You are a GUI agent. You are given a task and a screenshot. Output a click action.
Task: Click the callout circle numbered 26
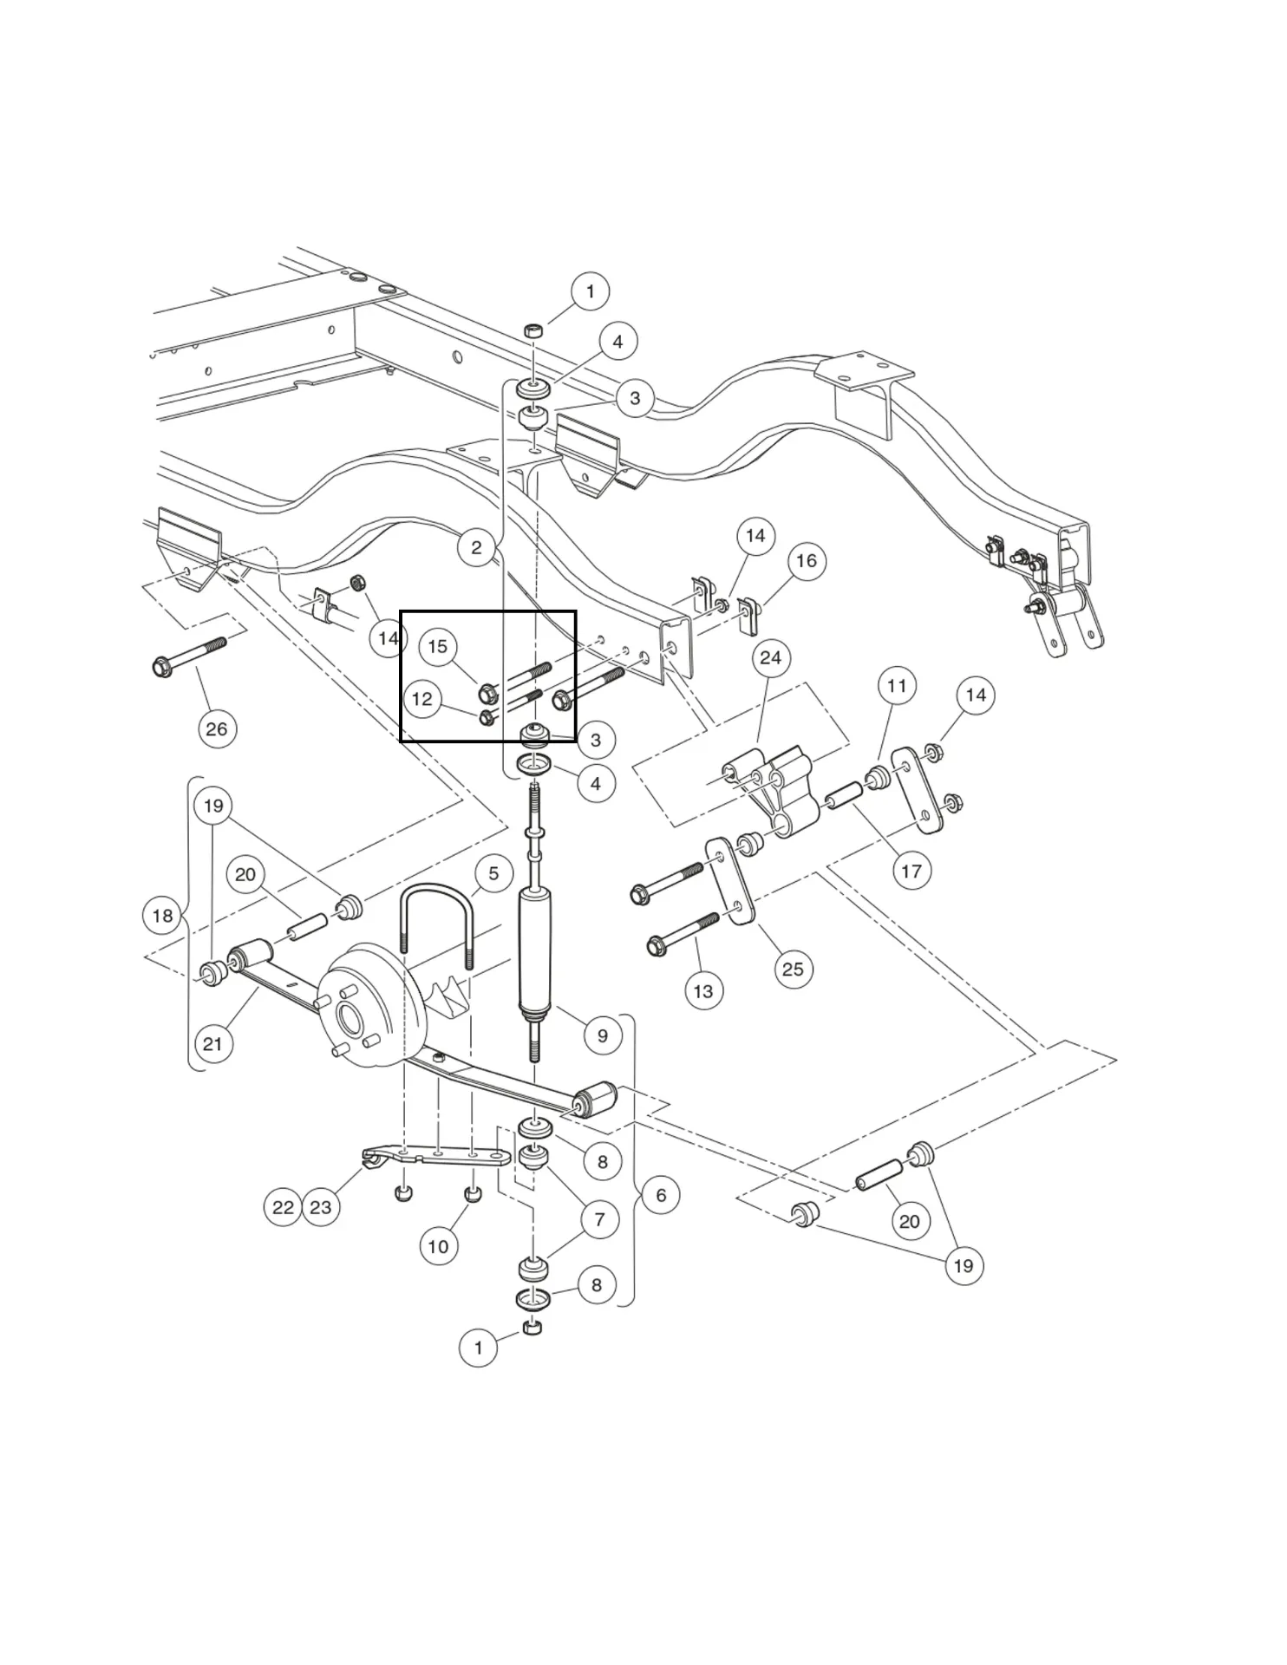point(216,728)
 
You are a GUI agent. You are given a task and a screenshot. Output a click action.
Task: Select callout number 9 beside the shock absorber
point(603,1035)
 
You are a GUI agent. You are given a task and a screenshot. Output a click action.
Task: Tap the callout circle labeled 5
point(493,873)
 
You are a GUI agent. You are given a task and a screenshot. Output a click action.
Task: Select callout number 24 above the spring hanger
point(770,658)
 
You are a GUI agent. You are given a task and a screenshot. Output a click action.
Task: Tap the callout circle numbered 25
point(793,969)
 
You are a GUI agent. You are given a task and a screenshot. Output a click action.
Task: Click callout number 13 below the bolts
point(703,990)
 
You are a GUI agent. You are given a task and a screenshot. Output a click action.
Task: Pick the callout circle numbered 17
point(911,870)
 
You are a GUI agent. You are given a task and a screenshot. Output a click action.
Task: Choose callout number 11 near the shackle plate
point(897,686)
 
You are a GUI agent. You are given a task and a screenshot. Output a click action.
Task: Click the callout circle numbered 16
point(807,560)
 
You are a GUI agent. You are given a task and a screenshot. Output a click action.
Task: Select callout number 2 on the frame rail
point(476,548)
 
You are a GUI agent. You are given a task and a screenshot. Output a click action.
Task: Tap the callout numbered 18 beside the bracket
point(162,916)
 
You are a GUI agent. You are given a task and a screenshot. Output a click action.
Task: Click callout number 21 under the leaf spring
point(212,1044)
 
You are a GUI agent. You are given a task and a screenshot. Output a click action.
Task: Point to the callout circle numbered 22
point(283,1207)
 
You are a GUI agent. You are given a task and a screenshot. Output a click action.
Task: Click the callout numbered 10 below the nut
point(439,1246)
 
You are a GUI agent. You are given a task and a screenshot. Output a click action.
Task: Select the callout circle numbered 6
point(661,1195)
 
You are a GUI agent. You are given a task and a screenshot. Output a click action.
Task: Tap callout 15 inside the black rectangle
point(437,646)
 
